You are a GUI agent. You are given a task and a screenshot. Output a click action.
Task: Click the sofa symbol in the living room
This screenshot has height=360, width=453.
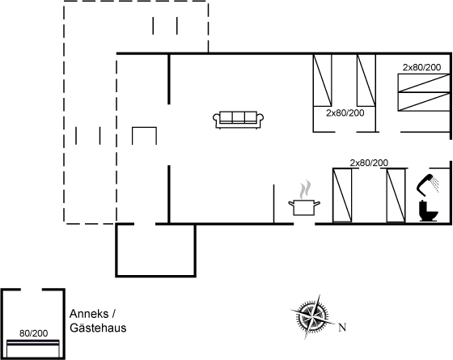(x=238, y=120)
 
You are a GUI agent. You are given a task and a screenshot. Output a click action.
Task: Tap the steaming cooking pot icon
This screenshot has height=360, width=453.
(x=304, y=198)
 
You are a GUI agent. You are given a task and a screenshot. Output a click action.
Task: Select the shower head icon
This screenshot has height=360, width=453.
(x=428, y=183)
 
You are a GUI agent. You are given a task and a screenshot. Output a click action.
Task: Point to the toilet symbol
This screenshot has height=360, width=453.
(x=429, y=211)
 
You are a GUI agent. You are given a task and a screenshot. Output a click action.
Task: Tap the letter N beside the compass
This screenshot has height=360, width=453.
(x=342, y=328)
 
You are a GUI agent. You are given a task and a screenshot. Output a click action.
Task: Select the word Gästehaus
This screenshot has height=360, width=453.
(x=98, y=328)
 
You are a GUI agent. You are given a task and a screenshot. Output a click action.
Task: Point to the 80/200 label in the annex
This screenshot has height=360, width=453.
(x=33, y=333)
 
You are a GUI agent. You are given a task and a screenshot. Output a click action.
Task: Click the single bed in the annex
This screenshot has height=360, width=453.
(x=33, y=349)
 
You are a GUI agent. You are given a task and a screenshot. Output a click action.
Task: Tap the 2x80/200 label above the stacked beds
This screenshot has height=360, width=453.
(x=421, y=67)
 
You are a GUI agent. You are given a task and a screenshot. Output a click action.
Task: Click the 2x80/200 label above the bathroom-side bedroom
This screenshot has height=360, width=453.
(x=369, y=163)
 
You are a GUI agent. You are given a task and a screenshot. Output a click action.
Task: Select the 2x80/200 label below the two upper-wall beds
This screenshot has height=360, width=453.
(x=345, y=113)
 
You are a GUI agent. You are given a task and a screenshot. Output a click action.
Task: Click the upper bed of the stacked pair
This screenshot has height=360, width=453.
(x=424, y=83)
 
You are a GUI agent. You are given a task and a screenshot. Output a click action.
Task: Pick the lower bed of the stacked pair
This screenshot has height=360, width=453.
(x=424, y=102)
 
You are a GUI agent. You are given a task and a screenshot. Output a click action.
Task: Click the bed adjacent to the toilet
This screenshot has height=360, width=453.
(x=396, y=195)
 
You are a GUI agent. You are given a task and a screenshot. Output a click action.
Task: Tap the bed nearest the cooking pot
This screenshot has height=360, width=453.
(x=342, y=195)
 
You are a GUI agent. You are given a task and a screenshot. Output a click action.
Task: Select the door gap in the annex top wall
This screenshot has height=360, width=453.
(x=32, y=290)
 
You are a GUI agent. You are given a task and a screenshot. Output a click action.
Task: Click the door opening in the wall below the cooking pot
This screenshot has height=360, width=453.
(x=304, y=223)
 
